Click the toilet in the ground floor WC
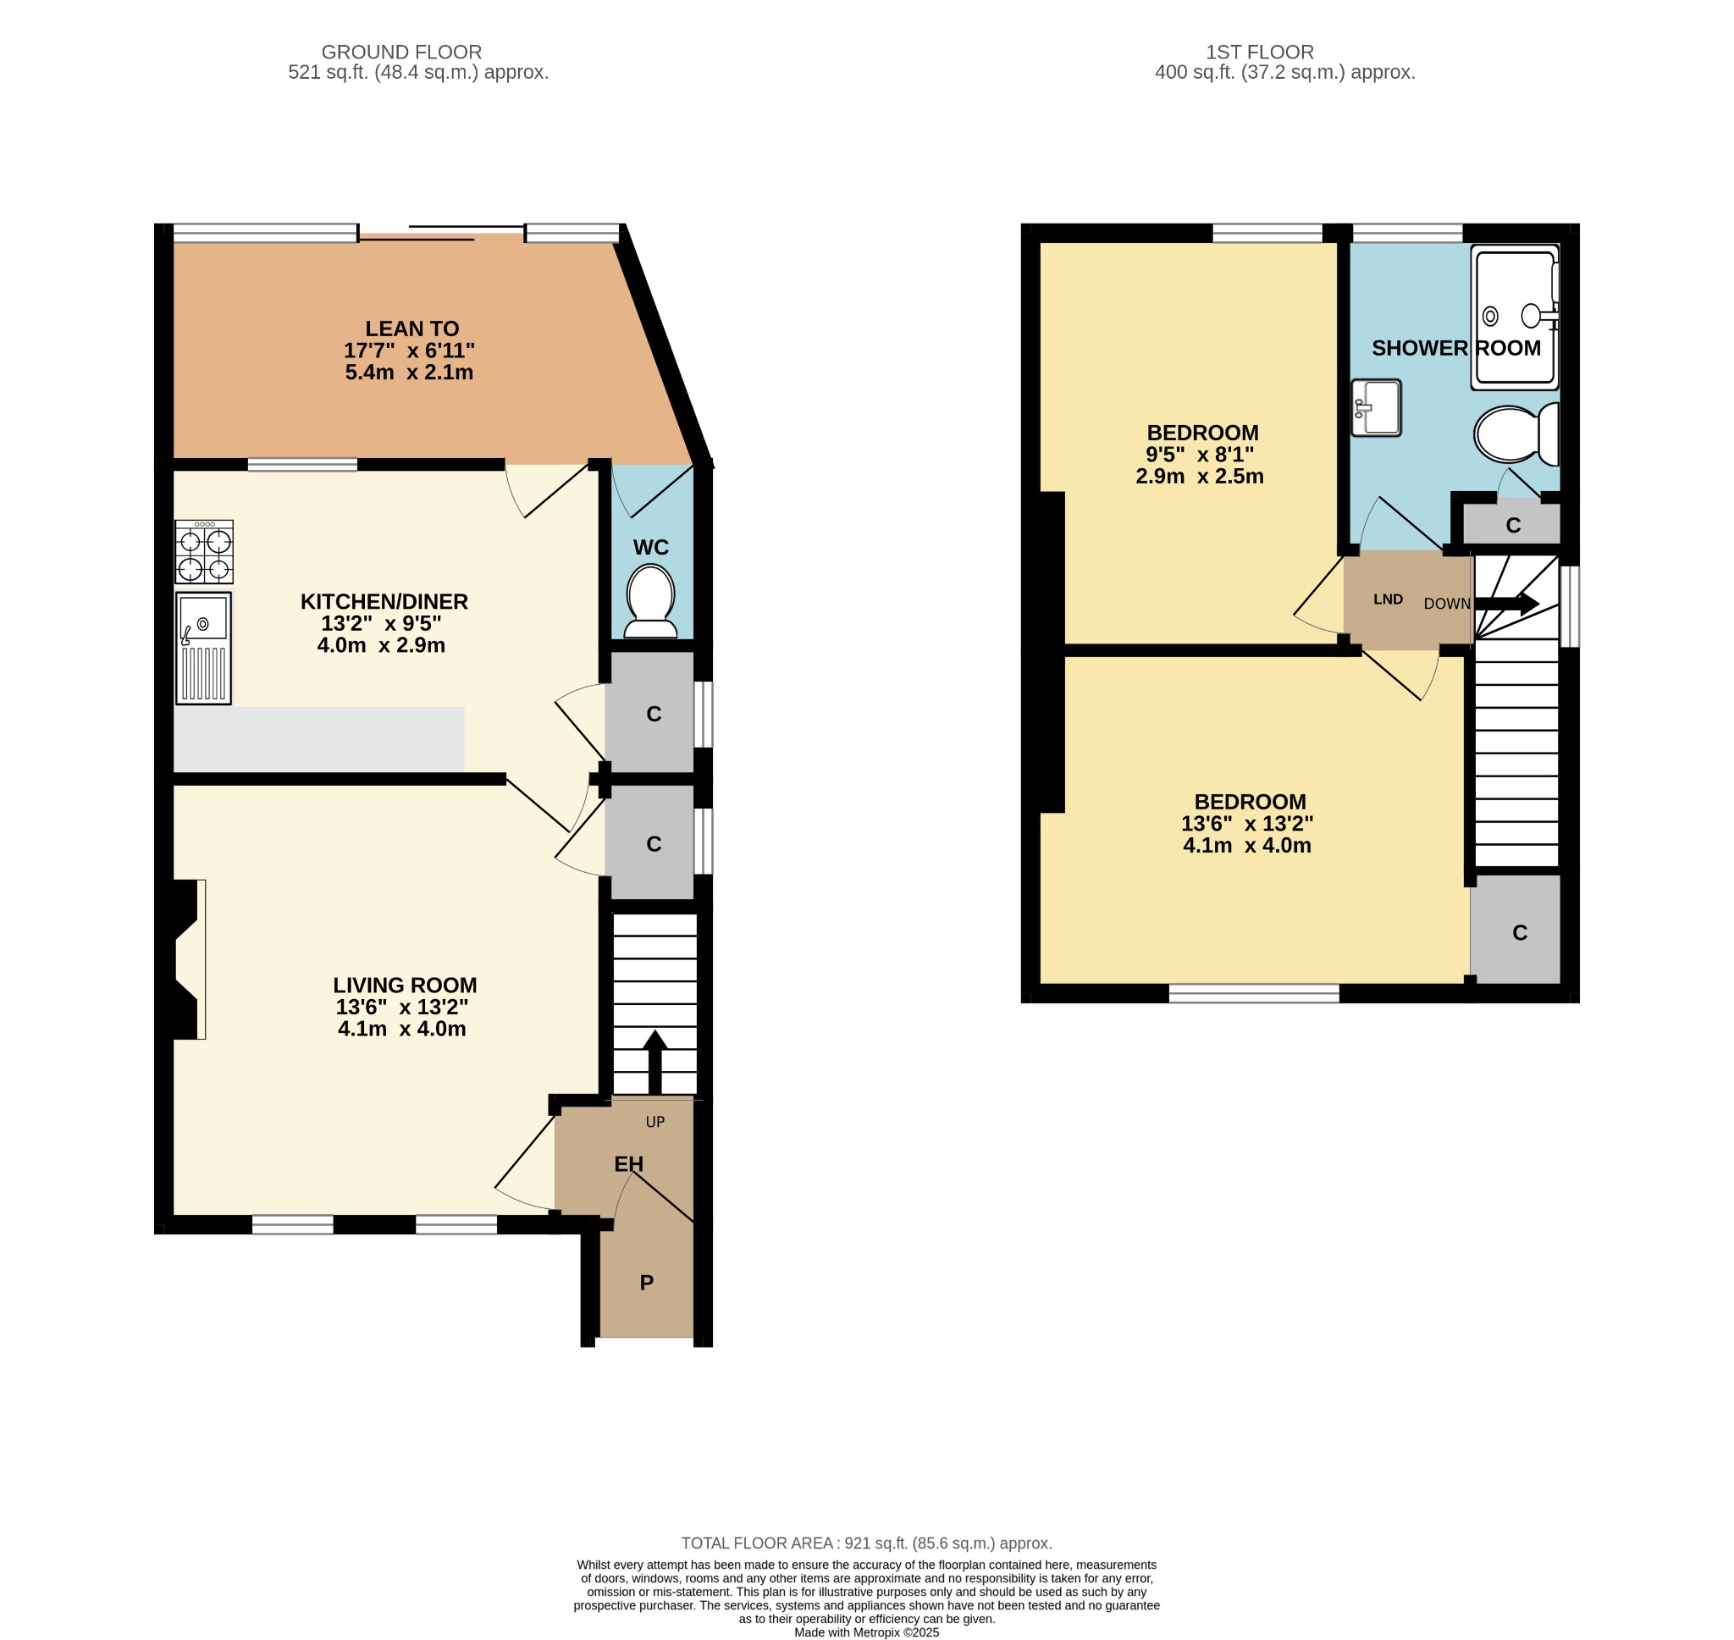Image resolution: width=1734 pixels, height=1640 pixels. [651, 600]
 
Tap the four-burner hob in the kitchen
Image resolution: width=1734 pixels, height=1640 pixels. [205, 552]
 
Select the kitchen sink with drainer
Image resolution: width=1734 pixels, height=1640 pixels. [204, 648]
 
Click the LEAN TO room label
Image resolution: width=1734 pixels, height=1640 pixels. [411, 329]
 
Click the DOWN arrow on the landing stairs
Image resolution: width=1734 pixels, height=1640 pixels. [1507, 603]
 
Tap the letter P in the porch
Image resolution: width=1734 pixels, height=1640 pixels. [647, 1283]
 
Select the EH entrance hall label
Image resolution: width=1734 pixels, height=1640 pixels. [629, 1163]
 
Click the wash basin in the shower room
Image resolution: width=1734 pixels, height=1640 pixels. [1377, 407]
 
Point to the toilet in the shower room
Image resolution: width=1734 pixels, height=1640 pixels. [1516, 433]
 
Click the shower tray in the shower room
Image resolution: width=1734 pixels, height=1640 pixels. [1516, 318]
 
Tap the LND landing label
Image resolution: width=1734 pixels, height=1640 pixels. [1388, 599]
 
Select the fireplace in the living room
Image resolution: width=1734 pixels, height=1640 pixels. [186, 959]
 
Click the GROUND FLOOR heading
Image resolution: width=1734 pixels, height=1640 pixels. [402, 52]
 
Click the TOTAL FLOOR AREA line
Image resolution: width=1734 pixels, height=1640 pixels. [866, 1543]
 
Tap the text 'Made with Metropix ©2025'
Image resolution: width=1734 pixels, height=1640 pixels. [867, 1632]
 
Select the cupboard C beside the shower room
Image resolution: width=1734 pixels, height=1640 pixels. [1513, 525]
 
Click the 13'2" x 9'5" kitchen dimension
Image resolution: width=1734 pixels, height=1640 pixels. [381, 623]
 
